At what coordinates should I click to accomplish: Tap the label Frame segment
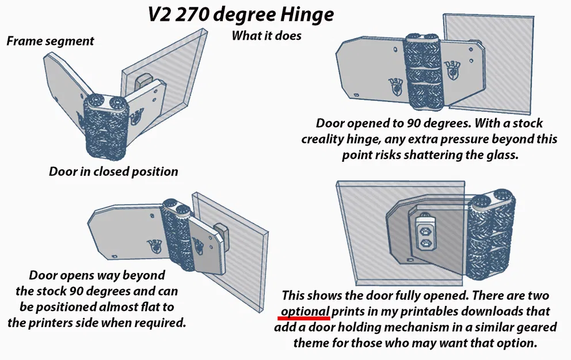[x=50, y=41]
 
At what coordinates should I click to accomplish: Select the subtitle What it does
[x=267, y=36]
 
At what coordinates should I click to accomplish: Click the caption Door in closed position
[x=113, y=172]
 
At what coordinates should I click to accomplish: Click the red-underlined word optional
[x=305, y=311]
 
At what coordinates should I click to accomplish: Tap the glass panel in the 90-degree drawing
[x=495, y=63]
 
